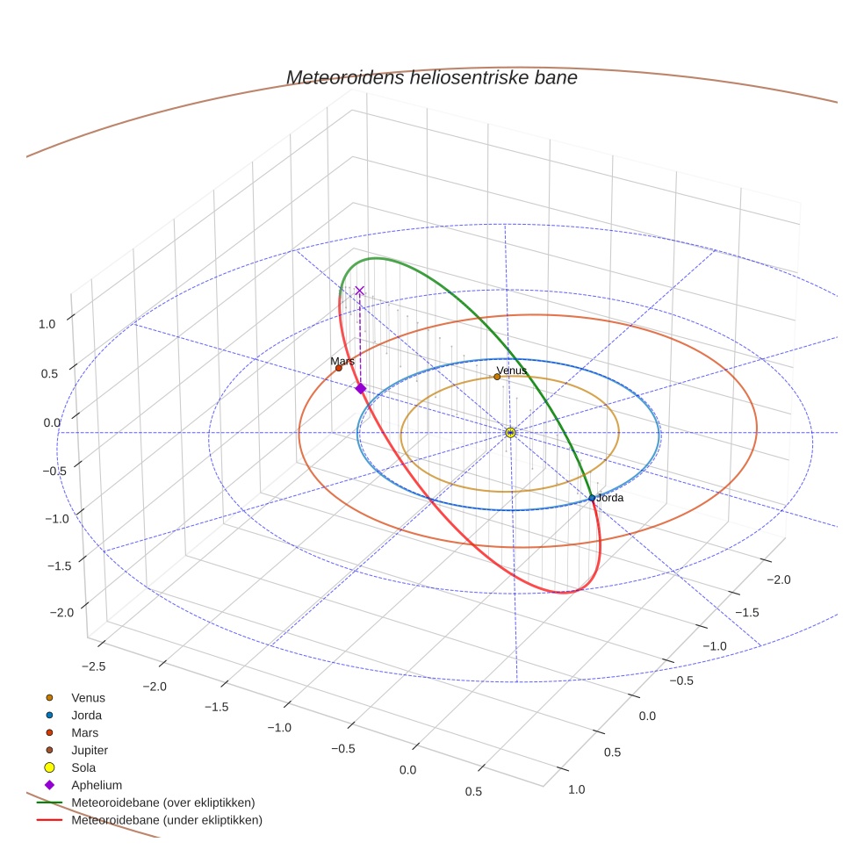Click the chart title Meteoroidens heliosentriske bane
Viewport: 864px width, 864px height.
[x=431, y=78]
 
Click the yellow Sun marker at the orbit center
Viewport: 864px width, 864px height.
[x=510, y=432]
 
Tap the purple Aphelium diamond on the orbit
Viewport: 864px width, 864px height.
[x=360, y=388]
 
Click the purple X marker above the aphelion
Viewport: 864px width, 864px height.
[x=359, y=290]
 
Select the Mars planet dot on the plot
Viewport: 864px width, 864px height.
[x=339, y=368]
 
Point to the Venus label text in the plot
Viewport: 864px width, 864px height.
[x=512, y=371]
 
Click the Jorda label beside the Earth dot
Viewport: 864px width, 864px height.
[x=610, y=498]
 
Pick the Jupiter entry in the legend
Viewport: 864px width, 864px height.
[x=90, y=750]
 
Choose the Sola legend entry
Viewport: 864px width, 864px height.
[x=83, y=767]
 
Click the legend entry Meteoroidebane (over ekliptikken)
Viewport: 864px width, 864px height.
[x=162, y=803]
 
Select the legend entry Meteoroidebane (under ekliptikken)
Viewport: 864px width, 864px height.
[x=167, y=820]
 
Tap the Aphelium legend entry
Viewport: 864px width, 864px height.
[x=97, y=785]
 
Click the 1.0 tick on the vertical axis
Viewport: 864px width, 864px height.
[x=47, y=323]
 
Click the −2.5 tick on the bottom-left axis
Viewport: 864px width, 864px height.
[x=92, y=666]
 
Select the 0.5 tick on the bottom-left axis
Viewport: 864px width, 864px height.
[x=473, y=791]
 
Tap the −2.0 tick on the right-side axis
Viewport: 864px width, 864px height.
[x=779, y=580]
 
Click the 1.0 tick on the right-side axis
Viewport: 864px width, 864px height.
[x=577, y=789]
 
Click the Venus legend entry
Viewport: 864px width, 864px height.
[x=88, y=697]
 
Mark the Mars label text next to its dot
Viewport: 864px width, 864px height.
[x=342, y=361]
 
